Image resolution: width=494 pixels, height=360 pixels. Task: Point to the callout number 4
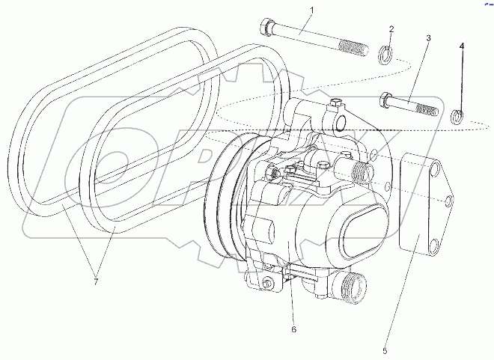point(462,46)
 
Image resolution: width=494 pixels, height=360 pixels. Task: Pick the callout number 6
point(294,329)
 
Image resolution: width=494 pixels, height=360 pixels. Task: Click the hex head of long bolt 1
point(266,29)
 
